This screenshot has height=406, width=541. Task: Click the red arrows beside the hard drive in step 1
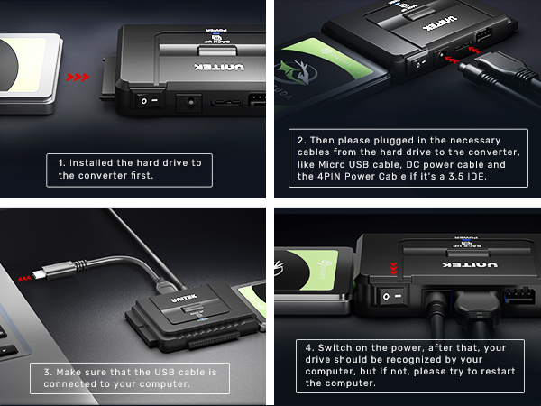pos(79,78)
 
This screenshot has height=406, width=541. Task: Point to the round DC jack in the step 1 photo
pos(189,103)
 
